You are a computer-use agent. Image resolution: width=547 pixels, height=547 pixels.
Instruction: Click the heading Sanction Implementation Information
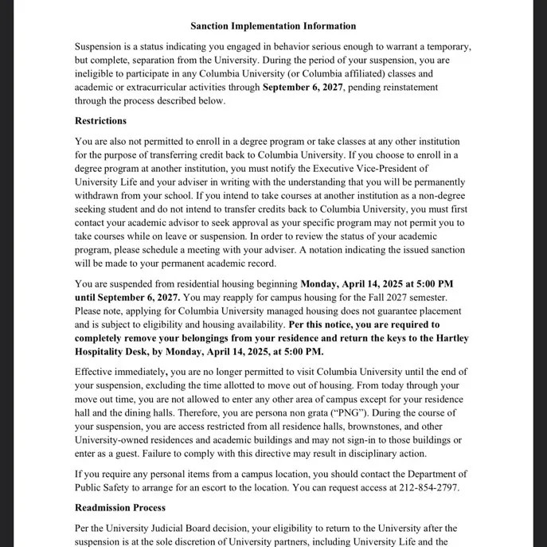point(273,26)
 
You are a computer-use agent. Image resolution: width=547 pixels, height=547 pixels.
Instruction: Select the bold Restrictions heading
point(100,121)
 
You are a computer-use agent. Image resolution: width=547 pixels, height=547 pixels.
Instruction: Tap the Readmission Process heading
point(120,507)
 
